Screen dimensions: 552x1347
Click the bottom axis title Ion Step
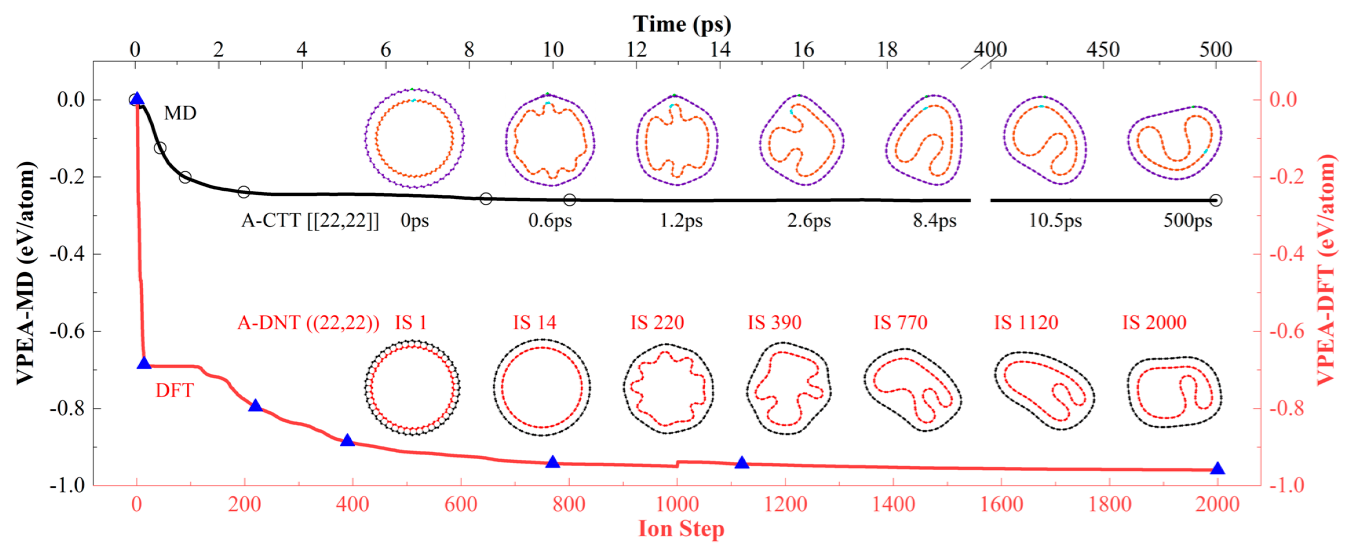(x=681, y=529)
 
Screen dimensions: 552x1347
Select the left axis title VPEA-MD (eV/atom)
(x=25, y=273)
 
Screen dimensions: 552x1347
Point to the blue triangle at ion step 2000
(x=1217, y=468)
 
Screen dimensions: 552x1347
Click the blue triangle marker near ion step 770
(x=552, y=462)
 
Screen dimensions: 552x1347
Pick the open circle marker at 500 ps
(x=1216, y=200)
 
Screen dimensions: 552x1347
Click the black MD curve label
(x=180, y=113)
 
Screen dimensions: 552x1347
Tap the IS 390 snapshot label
(x=774, y=322)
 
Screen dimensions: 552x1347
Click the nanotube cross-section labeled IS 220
(x=667, y=389)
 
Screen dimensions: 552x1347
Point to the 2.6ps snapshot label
(x=808, y=220)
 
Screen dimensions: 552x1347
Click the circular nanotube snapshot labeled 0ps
(x=414, y=139)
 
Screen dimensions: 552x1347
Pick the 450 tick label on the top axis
(x=1103, y=50)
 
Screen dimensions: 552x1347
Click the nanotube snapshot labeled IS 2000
(x=1173, y=392)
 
